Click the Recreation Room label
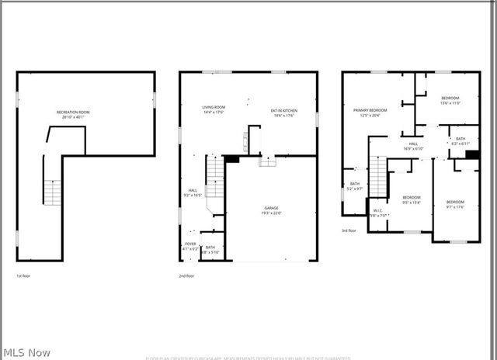pyautogui.click(x=73, y=115)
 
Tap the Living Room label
pyautogui.click(x=214, y=109)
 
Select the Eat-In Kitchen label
pyautogui.click(x=285, y=113)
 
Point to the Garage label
pyautogui.click(x=271, y=210)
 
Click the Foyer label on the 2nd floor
pyautogui.click(x=190, y=246)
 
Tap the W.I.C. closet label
pyautogui.click(x=378, y=213)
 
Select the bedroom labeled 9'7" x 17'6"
pyautogui.click(x=455, y=204)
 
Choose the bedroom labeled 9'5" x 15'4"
pyautogui.click(x=412, y=199)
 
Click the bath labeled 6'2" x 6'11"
pyautogui.click(x=461, y=141)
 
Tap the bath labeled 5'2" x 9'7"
pyautogui.click(x=354, y=186)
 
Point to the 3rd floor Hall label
pyautogui.click(x=414, y=146)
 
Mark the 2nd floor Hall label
pyautogui.click(x=193, y=192)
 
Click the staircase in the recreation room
pyautogui.click(x=51, y=192)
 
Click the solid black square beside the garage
pyautogui.click(x=231, y=159)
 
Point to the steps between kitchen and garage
pyautogui.click(x=266, y=161)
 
